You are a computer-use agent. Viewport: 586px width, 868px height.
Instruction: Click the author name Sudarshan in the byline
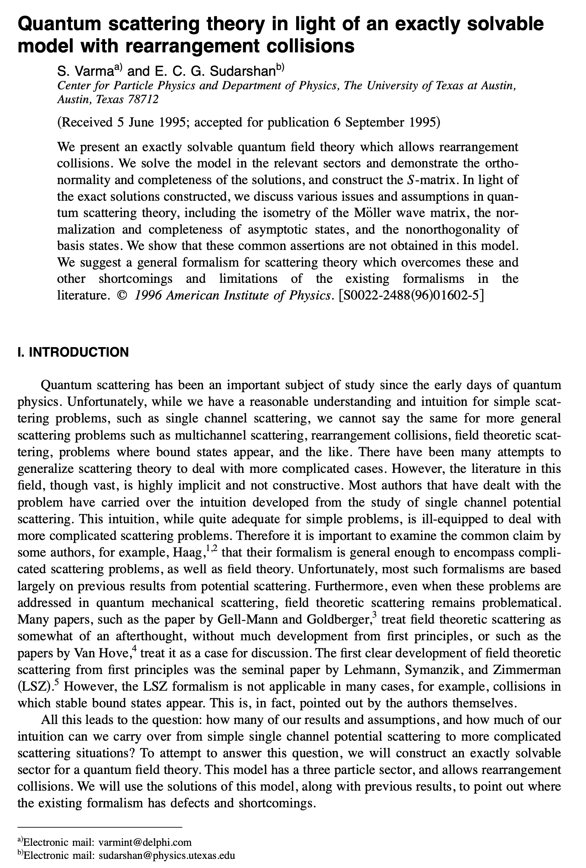pyautogui.click(x=243, y=71)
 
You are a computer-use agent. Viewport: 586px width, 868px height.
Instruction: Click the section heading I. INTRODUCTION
pyautogui.click(x=73, y=352)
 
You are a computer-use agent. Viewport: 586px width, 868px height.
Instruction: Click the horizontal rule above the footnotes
pyautogui.click(x=99, y=827)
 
